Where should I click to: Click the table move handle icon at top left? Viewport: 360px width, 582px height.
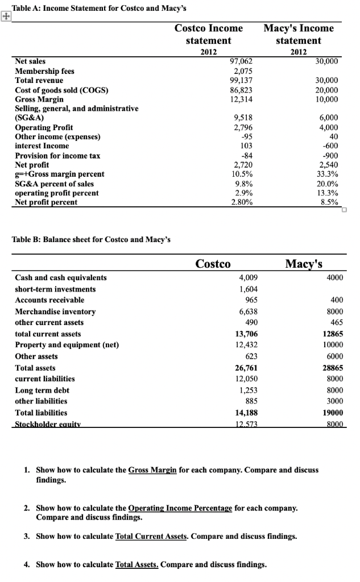6,17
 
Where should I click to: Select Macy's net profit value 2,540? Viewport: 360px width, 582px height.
329,165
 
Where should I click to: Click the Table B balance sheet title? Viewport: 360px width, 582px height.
91,238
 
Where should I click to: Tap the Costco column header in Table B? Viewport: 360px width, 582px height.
213,264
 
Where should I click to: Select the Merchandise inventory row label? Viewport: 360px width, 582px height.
55,311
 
